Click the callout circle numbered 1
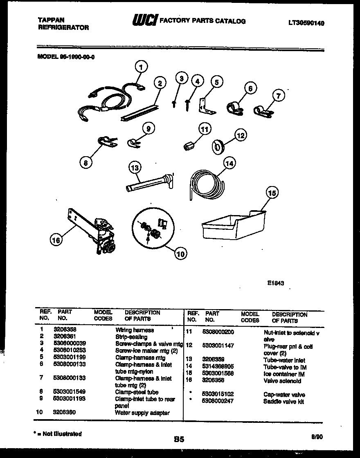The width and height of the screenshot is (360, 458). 141,66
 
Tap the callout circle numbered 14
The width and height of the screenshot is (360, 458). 230,164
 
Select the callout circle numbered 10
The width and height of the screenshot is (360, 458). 180,254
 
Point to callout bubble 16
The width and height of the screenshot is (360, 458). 56,240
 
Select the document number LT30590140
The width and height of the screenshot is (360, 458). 306,23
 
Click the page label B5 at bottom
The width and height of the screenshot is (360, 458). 179,440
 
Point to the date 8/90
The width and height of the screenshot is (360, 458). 317,437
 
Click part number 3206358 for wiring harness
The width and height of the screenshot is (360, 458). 65,329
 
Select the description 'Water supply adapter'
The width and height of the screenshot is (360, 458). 142,413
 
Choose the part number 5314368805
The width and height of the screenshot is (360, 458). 221,367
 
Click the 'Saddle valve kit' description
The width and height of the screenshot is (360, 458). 283,402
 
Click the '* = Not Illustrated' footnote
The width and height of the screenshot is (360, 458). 58,434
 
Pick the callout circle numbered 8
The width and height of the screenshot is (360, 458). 85,163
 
